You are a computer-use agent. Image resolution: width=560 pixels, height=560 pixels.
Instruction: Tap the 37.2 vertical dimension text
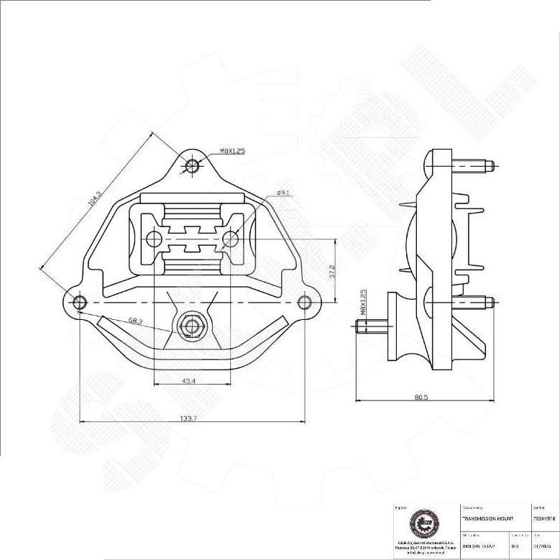[331, 270]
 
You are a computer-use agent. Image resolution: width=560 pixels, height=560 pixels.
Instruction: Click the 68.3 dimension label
[137, 321]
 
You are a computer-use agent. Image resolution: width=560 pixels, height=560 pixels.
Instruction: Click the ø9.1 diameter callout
[283, 193]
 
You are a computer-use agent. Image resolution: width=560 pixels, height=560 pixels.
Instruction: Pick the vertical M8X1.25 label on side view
[364, 305]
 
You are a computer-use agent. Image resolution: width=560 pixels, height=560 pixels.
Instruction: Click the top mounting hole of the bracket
[192, 166]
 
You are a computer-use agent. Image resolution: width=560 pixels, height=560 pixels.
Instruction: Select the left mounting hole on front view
[79, 301]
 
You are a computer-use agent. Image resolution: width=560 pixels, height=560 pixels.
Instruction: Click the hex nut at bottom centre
[191, 326]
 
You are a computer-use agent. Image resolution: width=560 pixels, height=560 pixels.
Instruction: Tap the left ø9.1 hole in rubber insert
[152, 238]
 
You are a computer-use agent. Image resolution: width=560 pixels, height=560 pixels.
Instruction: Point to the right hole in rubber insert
[230, 237]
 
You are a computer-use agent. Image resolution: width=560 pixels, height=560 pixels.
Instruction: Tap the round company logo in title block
[421, 524]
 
